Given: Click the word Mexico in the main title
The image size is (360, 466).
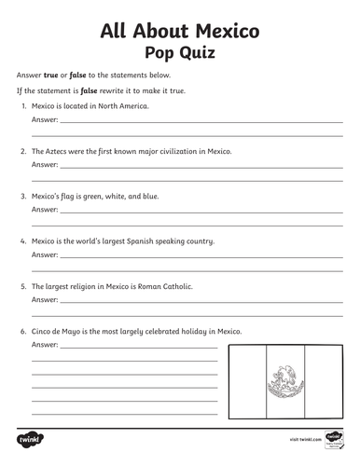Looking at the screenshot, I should coord(221,33).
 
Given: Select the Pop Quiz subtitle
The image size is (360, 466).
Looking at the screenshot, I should coord(179,53).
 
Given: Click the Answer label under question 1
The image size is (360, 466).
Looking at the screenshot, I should coord(44,119).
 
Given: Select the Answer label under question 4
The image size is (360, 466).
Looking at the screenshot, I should coord(44,254).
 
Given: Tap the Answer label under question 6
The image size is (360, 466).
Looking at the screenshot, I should coord(44,345).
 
